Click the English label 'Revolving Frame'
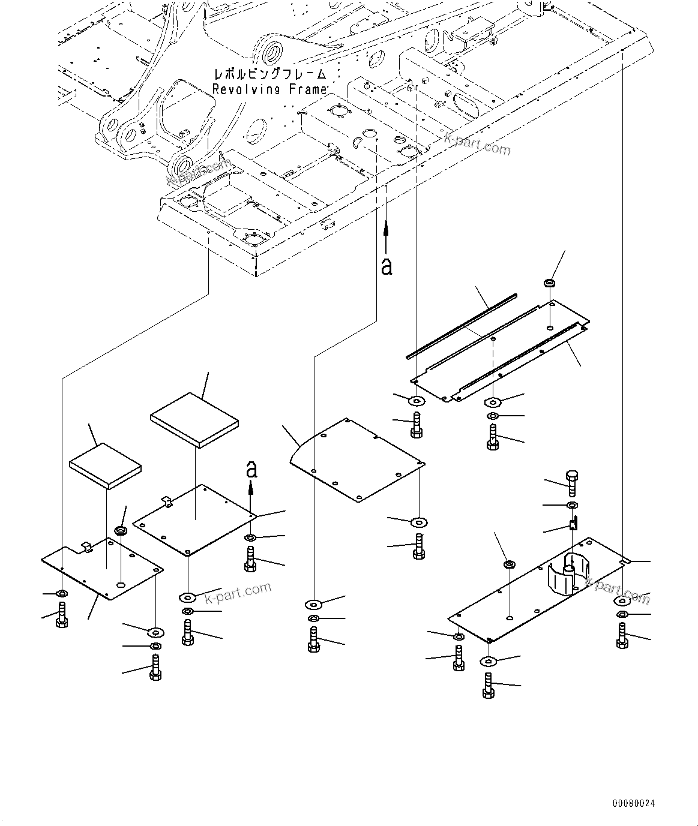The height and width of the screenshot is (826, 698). (269, 89)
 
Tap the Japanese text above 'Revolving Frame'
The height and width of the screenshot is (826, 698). (269, 75)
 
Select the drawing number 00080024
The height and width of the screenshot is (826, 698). (634, 803)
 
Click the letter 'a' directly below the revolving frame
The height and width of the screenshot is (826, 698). (387, 265)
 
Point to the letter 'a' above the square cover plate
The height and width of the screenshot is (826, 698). (252, 469)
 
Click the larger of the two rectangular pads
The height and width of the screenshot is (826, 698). (194, 419)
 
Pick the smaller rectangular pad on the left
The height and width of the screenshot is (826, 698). (106, 466)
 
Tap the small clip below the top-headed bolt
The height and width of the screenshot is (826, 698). (573, 524)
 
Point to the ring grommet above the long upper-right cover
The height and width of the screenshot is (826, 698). (550, 283)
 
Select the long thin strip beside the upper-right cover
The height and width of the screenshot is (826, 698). (461, 326)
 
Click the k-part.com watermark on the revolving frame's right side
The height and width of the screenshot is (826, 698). (477, 143)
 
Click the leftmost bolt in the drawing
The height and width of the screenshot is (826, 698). (61, 615)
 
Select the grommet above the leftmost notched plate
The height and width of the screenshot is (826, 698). (120, 531)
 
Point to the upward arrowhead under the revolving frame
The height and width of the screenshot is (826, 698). (386, 226)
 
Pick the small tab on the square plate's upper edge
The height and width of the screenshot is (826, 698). (167, 501)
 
